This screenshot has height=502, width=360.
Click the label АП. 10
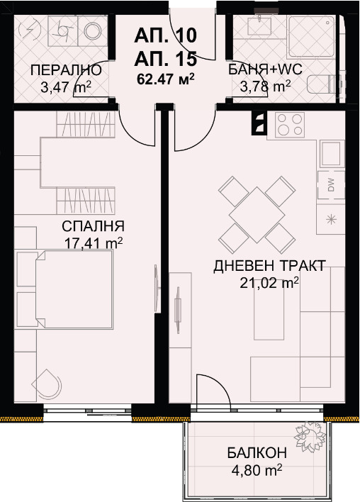pyautogui.click(x=165, y=33)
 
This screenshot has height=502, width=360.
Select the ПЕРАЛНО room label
pyautogui.click(x=60, y=70)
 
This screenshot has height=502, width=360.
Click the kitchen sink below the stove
pyautogui.click(x=331, y=152)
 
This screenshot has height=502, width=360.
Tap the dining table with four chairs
pyautogui.click(x=257, y=211)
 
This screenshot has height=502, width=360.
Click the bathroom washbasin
pyautogui.click(x=257, y=27)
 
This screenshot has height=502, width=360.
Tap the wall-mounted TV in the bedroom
pyautogui.click(x=154, y=285)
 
